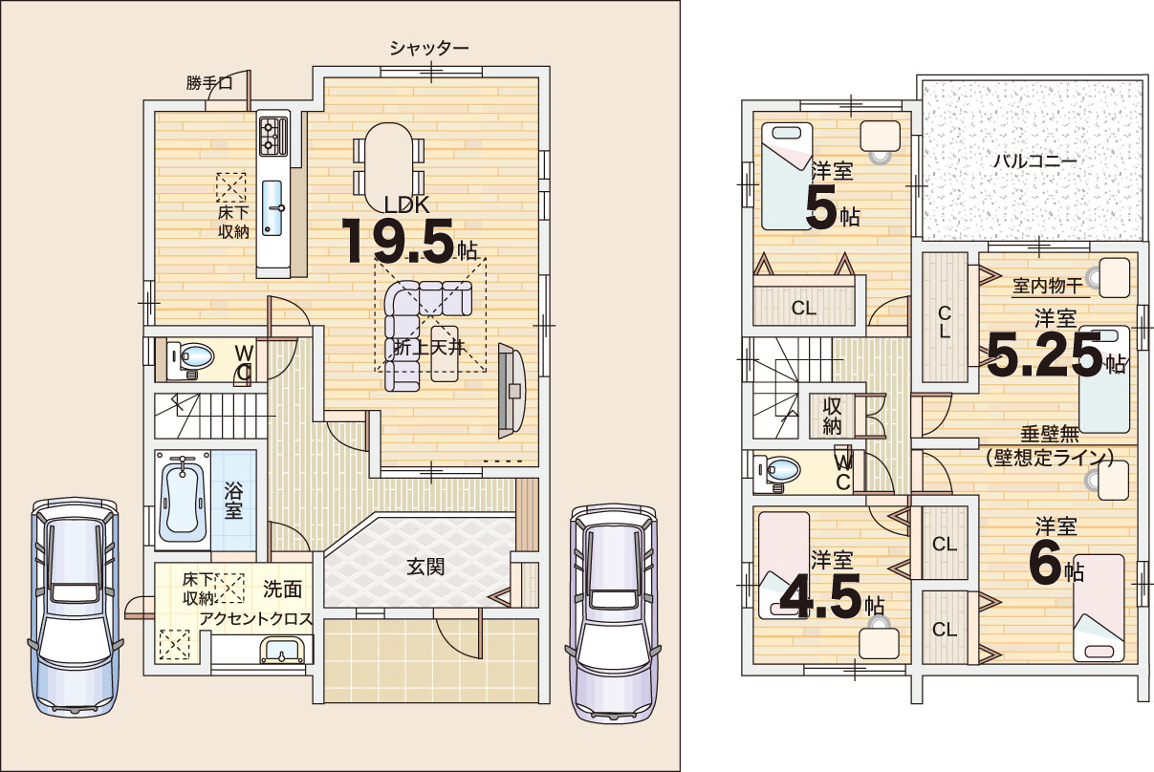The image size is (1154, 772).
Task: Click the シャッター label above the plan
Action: pos(428,48)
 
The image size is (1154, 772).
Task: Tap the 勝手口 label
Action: pos(209,83)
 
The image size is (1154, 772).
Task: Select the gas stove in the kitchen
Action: pos(274,136)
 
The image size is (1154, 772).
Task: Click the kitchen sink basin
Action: pos(272,208)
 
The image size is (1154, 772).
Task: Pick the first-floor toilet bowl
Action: pos(195,356)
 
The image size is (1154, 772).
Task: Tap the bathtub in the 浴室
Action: pos(182,499)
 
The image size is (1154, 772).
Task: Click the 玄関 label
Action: pos(425,567)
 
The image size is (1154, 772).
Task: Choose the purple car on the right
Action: pos(613,613)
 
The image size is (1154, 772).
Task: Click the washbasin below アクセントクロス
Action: pos(281,651)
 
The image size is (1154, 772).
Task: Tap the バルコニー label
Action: pos(1034,161)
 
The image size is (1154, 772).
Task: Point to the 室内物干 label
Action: pos(1048,286)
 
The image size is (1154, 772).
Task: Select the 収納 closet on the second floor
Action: pos(832,416)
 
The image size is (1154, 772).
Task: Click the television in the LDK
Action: pos(512,391)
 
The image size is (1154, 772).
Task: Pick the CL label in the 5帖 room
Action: pos(803,309)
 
